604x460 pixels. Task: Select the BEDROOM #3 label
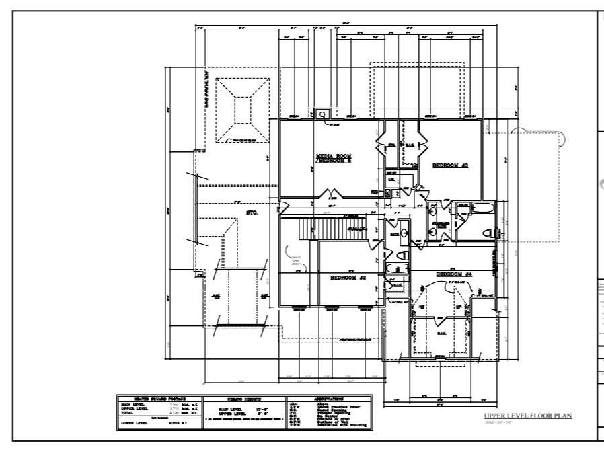pos(450,165)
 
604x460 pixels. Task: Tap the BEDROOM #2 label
pos(348,277)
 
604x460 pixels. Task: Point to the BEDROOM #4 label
pos(455,274)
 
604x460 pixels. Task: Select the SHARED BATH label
pos(441,225)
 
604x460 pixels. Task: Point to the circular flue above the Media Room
pos(322,114)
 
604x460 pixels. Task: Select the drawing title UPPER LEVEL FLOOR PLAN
pos(527,416)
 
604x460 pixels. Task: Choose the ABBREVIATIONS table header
pos(324,399)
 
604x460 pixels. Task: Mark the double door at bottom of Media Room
pos(334,196)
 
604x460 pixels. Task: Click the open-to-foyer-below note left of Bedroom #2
pos(295,262)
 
